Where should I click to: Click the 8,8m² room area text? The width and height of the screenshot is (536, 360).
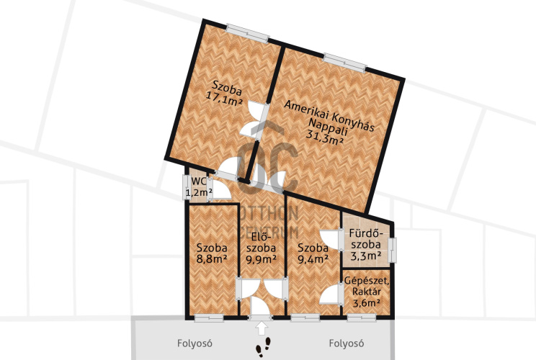point(212,259)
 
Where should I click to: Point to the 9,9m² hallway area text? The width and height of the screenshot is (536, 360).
point(262,259)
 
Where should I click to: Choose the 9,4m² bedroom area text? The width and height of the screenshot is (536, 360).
point(313,259)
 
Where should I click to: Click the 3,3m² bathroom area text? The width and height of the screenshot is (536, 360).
point(366,256)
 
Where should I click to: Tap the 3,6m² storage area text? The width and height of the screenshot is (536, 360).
point(367,302)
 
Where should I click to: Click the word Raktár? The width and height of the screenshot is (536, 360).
point(367,292)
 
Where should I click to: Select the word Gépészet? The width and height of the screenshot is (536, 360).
point(367,281)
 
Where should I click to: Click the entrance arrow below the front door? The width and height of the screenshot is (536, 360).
point(262,328)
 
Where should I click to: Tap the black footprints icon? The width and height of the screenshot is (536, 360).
point(263,346)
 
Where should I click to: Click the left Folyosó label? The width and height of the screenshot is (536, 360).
point(195,343)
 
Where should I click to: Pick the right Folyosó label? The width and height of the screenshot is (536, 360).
point(347,343)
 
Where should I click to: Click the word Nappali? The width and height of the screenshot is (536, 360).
point(328,127)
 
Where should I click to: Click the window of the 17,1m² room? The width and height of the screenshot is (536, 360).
point(248,33)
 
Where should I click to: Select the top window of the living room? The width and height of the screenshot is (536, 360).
point(345,63)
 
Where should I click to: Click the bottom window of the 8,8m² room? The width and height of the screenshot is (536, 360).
point(209,318)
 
